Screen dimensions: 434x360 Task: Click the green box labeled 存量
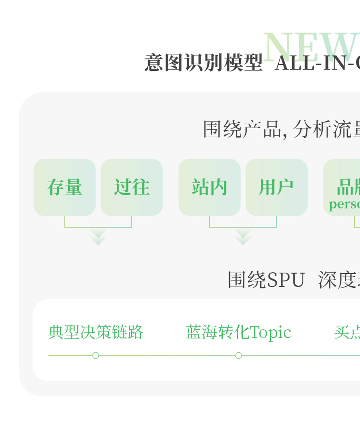coord(64,187)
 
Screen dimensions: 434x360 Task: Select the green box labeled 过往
coord(132,187)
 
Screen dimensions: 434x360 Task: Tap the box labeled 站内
coord(209,187)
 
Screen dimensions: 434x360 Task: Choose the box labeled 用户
coord(276,187)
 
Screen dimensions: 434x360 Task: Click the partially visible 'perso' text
coord(344,204)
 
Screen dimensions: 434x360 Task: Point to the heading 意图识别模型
coord(203,63)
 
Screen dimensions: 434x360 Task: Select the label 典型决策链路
coord(96,332)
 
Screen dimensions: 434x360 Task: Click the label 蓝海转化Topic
coord(238,332)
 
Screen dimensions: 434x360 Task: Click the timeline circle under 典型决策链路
coord(96,355)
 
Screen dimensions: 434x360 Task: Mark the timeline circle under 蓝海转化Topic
coord(238,355)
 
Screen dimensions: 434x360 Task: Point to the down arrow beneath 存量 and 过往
coord(98,237)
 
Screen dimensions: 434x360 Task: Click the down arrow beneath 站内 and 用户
coord(243,237)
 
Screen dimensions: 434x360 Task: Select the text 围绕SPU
coord(266,280)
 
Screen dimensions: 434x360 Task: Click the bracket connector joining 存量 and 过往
coord(98,227)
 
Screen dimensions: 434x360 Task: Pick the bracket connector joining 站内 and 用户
coord(243,227)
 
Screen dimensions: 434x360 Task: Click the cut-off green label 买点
coord(347,332)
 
